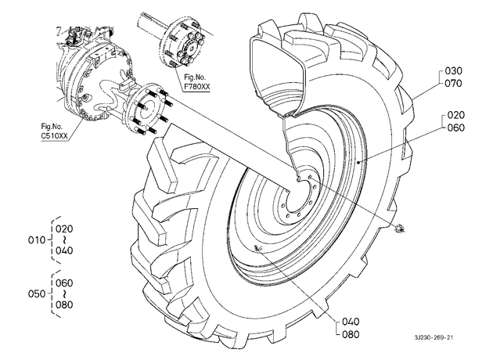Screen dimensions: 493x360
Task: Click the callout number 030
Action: [x=453, y=70]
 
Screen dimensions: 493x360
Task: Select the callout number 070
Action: [x=453, y=83]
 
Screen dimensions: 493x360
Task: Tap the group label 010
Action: [x=37, y=240]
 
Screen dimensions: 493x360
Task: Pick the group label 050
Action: [x=37, y=294]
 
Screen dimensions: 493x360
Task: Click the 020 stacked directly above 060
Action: [x=455, y=115]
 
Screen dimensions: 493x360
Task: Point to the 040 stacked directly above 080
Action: [x=351, y=322]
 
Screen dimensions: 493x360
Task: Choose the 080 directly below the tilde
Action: [x=64, y=304]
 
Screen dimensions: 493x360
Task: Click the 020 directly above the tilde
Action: [x=64, y=229]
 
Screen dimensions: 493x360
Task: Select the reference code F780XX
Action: [x=197, y=86]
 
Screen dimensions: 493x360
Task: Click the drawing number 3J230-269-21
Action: [x=434, y=337]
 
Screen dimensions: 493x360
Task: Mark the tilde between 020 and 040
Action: [x=64, y=240]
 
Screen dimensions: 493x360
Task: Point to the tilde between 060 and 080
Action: [x=64, y=294]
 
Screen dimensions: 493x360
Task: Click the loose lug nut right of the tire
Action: [x=400, y=229]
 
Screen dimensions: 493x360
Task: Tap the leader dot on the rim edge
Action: [x=358, y=161]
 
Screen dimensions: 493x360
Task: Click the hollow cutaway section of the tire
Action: [x=277, y=72]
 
